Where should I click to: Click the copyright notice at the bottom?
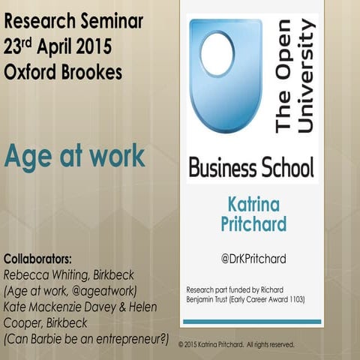click(236, 344)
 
